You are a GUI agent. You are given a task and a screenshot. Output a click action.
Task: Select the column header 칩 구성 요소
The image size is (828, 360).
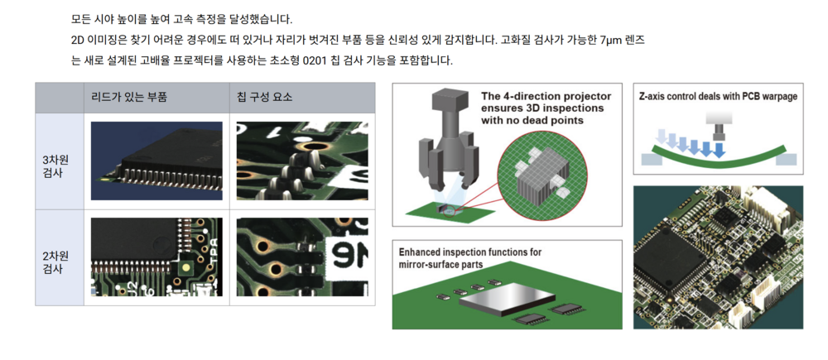pos(265,98)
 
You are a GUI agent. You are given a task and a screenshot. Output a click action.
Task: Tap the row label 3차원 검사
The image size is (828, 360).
pos(55,167)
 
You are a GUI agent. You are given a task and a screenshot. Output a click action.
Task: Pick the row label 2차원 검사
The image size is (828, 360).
pos(55,262)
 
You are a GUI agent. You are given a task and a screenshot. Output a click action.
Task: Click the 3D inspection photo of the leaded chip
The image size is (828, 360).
pos(156,161)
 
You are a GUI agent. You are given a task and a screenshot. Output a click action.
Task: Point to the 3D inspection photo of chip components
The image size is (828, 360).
pos(302,161)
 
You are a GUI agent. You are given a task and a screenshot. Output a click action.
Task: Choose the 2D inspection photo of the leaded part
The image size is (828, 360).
pos(156,257)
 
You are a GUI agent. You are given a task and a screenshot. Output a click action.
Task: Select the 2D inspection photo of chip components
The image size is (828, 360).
pos(302,257)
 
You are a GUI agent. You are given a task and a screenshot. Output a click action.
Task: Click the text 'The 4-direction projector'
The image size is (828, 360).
pos(546,97)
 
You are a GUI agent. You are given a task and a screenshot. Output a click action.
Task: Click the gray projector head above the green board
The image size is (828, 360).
pos(450,140)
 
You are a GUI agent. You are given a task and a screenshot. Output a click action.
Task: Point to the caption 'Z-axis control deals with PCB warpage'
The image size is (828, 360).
pos(718,97)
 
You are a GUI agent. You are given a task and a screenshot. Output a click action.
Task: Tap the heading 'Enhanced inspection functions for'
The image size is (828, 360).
pos(470,252)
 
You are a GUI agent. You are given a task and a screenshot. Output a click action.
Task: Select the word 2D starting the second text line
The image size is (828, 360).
pos(78,40)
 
